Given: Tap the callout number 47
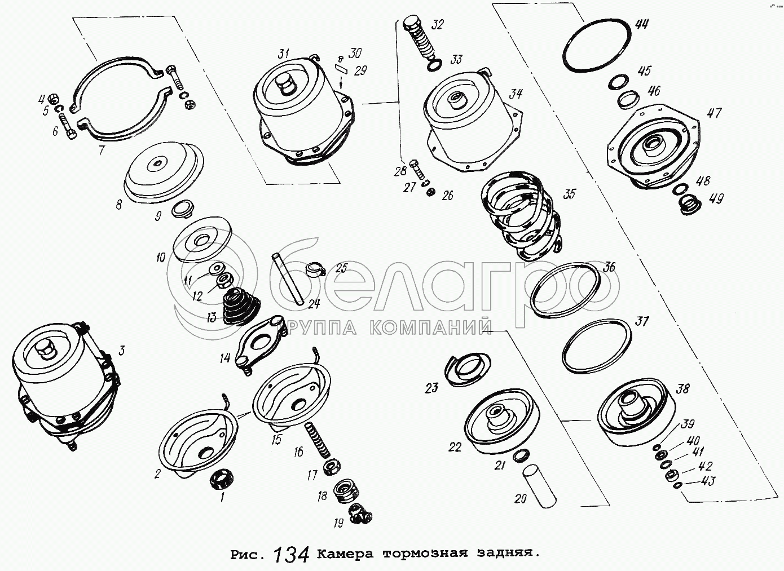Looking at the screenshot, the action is (x=713, y=113).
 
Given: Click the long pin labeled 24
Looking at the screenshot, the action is (x=287, y=280).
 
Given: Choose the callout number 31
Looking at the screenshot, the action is (x=283, y=54).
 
